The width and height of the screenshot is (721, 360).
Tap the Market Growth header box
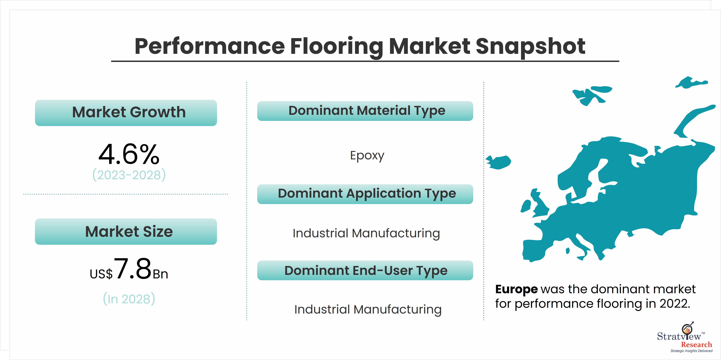click(x=126, y=113)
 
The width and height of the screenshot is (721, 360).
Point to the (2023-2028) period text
click(x=129, y=175)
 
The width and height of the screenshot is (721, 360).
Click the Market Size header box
click(x=126, y=232)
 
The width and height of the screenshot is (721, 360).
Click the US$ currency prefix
click(x=101, y=274)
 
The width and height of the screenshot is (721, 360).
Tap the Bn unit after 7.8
click(x=160, y=274)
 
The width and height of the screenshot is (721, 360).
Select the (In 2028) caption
click(x=129, y=299)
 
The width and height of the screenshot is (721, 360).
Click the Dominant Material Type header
click(x=365, y=111)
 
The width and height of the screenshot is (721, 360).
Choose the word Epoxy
click(x=367, y=156)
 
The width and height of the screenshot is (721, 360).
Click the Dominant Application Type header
click(x=365, y=194)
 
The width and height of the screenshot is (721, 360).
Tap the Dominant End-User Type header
click(x=365, y=270)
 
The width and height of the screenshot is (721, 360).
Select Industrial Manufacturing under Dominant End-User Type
click(x=368, y=310)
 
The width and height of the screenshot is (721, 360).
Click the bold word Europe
click(x=516, y=289)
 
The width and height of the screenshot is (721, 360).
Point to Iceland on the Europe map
click(x=499, y=162)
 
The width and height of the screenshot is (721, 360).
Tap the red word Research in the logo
click(x=696, y=345)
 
